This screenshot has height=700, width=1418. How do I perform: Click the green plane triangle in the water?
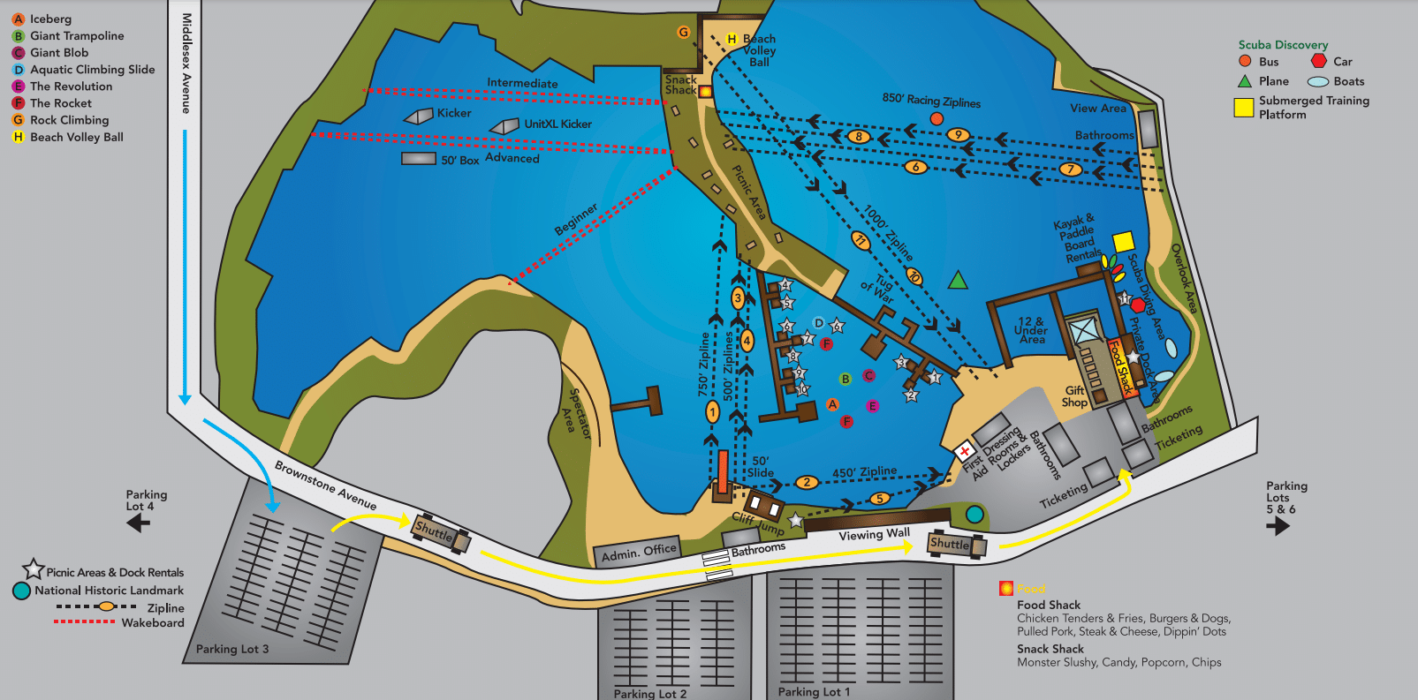[958, 281]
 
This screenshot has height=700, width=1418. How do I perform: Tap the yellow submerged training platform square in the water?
[1123, 242]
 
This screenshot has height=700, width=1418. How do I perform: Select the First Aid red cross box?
[964, 450]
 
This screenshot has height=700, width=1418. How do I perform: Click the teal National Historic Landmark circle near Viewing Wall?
[974, 515]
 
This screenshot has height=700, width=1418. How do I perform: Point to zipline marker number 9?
[958, 135]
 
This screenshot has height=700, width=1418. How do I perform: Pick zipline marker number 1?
[712, 411]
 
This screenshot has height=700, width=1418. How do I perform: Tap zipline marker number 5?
[879, 499]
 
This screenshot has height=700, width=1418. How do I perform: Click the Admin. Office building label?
[638, 553]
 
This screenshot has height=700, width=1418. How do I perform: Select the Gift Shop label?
[1074, 396]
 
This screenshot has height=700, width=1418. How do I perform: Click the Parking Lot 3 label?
[231, 649]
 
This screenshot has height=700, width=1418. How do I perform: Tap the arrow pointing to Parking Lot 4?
[138, 523]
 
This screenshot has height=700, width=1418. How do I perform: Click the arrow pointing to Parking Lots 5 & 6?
[1278, 526]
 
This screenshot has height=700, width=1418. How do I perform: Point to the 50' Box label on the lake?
[459, 161]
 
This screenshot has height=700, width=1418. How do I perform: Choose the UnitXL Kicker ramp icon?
[504, 127]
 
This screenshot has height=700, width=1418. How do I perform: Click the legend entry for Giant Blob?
[58, 53]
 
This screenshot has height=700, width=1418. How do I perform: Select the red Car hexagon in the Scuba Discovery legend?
[1318, 61]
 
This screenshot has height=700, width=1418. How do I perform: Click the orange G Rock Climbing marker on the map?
[683, 33]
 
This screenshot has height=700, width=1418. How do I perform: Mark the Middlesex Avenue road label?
[186, 63]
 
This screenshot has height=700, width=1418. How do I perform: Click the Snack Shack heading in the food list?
[1050, 649]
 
